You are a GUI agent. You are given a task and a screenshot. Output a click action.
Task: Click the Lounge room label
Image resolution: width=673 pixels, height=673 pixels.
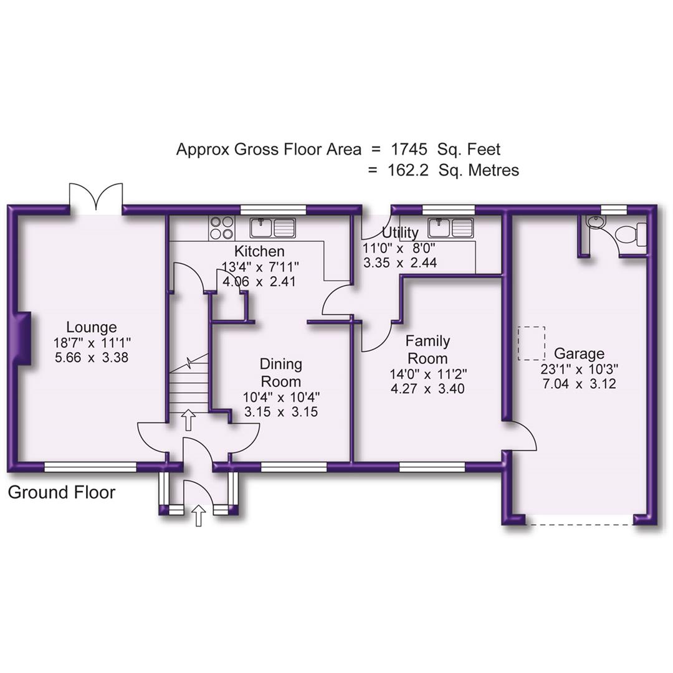coord(92,327)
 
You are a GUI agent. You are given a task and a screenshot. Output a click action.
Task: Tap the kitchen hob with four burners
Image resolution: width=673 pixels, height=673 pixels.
coord(222,227)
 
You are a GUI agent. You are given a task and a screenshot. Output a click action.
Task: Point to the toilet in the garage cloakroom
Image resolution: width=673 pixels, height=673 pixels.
coord(631,235)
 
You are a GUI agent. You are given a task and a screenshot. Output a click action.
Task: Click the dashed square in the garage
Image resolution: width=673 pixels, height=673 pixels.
coord(532,343)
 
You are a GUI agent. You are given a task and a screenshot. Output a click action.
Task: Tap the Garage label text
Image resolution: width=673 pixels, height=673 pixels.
coord(580,354)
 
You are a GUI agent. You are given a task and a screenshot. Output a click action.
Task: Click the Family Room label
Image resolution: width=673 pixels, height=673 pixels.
coord(427,350)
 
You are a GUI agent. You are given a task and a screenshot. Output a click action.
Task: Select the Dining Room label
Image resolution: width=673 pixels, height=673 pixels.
coord(280,373)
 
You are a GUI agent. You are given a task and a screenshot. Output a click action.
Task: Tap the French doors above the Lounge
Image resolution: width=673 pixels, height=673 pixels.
coord(96,198)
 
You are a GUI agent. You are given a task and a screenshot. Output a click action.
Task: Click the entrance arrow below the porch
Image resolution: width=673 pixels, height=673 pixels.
coord(199,515)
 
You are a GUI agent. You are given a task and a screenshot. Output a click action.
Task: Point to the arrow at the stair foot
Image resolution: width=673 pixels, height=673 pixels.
coord(188,420)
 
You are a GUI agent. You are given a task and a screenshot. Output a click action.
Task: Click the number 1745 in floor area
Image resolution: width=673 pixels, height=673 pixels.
coord(409,150)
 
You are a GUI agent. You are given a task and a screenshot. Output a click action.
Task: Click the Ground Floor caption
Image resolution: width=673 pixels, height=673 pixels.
coord(62,492)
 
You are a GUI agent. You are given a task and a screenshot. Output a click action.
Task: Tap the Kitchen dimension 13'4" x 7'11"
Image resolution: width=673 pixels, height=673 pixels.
coord(260,267)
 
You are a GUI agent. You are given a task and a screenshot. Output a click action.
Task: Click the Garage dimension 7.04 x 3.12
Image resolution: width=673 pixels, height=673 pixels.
coord(580,384)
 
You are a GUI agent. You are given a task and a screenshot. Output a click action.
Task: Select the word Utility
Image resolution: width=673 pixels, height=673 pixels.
coord(400,234)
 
